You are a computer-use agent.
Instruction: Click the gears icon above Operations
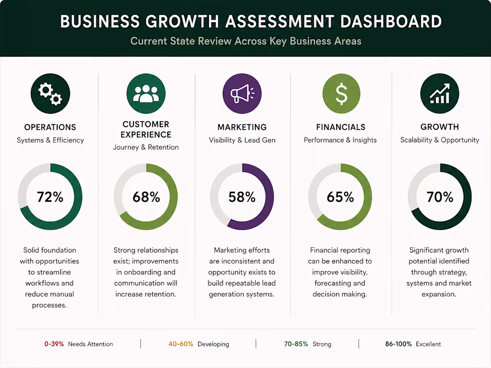50,94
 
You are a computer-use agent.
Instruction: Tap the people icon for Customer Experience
146,94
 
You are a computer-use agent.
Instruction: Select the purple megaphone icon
242,94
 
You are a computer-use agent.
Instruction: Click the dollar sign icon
341,94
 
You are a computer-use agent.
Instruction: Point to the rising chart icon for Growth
440,94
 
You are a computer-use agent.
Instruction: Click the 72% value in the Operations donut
50,197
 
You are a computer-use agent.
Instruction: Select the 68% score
146,197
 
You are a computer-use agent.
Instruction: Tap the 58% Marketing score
242,197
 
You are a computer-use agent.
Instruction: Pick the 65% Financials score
341,197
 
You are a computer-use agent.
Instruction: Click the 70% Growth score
440,197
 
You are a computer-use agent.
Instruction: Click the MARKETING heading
242,127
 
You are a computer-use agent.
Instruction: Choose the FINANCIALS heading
341,127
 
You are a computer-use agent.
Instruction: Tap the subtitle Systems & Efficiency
50,140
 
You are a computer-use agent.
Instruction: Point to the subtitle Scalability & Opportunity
440,140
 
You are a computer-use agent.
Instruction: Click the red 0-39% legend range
54,344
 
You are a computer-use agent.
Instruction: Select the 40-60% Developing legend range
181,344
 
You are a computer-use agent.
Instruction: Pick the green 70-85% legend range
296,344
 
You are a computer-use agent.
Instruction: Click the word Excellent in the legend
429,344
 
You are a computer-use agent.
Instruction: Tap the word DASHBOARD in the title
391,21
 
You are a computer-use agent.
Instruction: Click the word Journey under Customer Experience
126,147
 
